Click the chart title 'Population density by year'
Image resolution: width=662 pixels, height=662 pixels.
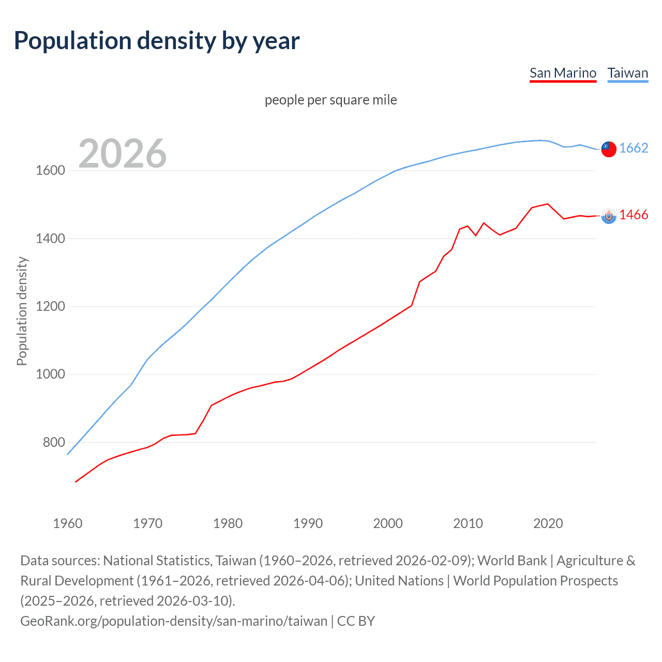[x=157, y=41]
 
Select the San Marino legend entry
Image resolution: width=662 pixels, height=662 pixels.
[x=563, y=73]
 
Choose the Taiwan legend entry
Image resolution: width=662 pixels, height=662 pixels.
[x=627, y=73]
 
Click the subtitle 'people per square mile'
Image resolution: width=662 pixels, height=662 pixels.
[x=331, y=100]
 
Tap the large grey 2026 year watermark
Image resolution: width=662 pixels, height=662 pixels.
[x=123, y=153]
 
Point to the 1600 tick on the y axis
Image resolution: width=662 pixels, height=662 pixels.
[x=50, y=171]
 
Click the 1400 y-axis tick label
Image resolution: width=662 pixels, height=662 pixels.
[x=50, y=238]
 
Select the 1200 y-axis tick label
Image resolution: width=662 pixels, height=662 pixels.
[x=50, y=306]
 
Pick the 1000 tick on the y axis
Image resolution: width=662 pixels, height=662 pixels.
[x=50, y=374]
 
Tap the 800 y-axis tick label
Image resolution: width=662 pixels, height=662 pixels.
[x=54, y=442]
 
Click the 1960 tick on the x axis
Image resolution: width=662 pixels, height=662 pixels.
[x=68, y=523]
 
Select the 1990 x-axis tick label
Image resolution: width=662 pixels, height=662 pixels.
[x=308, y=523]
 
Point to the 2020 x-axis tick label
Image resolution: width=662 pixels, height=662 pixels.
[x=548, y=523]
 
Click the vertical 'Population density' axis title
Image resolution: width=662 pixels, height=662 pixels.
[x=22, y=311]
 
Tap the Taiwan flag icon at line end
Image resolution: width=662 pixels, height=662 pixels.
[x=609, y=149]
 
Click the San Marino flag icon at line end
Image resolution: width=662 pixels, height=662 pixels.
[x=609, y=216]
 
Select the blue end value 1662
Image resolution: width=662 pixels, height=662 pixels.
[x=634, y=148]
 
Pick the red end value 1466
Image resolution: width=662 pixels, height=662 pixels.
[x=634, y=215]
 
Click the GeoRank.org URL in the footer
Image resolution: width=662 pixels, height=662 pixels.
[x=174, y=621]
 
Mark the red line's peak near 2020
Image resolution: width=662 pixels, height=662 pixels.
[x=548, y=204]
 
